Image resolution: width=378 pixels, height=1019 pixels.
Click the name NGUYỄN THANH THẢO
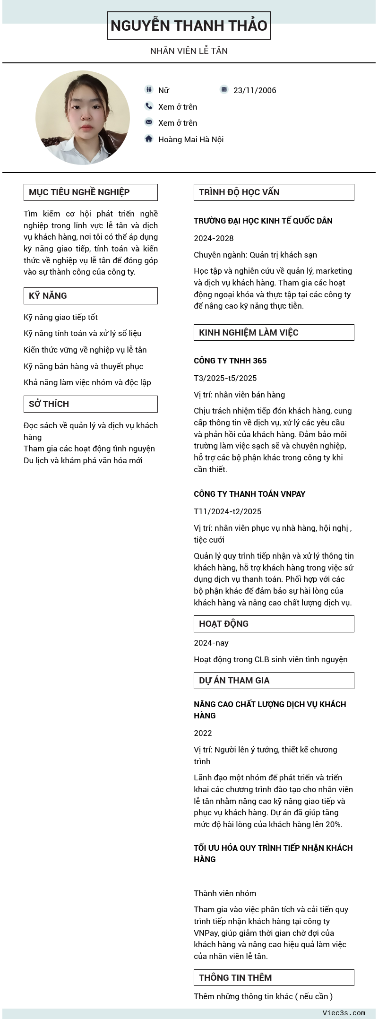189,26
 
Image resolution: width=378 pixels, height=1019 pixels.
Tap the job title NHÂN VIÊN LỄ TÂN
189,51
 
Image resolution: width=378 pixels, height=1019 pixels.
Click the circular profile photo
83,118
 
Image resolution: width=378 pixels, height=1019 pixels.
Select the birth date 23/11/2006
255,90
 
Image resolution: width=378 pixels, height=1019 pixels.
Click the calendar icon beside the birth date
224,89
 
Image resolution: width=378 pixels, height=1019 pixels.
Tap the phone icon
149,106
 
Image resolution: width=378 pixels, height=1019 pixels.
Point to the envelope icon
149,122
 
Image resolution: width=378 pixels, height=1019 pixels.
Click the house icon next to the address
149,138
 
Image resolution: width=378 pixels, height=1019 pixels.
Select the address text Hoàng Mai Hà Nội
191,139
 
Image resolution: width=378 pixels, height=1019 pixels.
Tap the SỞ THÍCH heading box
90,404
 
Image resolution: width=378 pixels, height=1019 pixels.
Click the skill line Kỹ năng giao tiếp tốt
61,317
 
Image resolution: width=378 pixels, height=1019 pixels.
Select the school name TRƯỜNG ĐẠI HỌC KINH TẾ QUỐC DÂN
263,221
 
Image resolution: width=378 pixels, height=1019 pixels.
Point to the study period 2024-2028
214,238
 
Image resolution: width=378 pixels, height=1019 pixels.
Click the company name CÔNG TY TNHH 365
230,361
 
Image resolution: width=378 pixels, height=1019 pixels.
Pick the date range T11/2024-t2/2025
227,511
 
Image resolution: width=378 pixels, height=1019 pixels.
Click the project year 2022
203,733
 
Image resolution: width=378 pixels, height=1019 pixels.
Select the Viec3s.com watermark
344,1013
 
